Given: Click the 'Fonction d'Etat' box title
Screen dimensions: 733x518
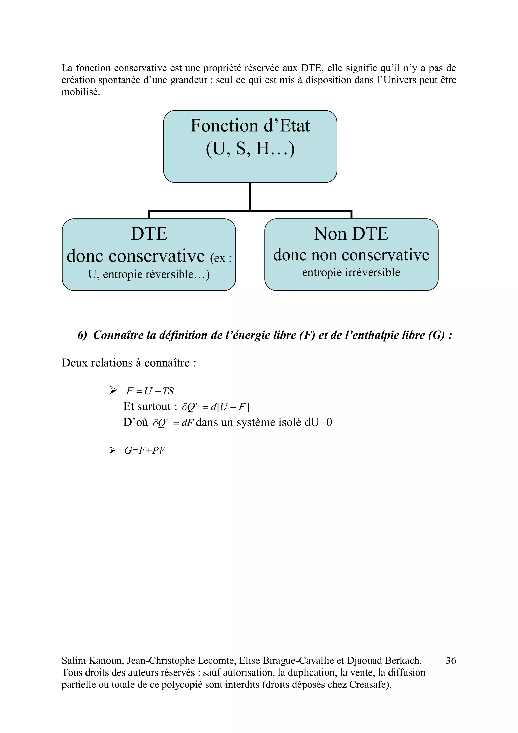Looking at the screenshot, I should coord(250,126).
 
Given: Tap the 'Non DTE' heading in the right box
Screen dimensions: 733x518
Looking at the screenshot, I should coord(351,234).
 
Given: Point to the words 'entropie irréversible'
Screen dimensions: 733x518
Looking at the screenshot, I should coord(351,272).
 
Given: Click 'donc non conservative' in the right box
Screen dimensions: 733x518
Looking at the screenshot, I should coord(351,255).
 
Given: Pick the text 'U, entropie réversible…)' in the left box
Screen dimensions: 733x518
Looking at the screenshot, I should coord(149,274).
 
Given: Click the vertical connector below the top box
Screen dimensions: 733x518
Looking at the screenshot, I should coord(250,196).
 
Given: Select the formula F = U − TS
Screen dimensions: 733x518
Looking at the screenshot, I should coord(150,391).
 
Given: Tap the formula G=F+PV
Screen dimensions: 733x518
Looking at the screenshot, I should coord(145,450).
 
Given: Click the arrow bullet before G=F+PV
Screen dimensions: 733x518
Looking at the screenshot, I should coord(112,450).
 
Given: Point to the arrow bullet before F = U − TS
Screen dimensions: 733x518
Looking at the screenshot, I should coord(113,390).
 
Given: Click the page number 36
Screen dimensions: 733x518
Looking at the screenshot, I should coord(451,660).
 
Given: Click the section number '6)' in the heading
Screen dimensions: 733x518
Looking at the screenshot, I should coord(82,335).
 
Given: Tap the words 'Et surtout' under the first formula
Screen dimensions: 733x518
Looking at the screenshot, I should coord(147,406).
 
